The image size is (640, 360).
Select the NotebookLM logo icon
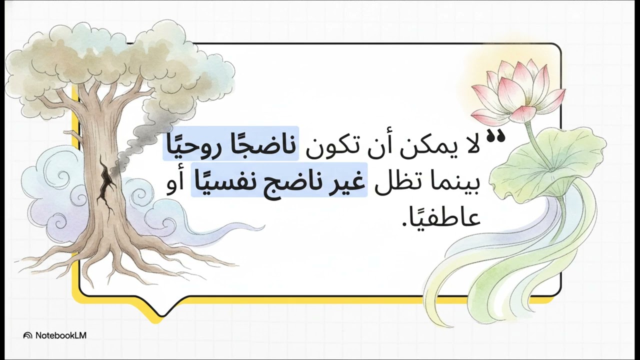click(28, 335)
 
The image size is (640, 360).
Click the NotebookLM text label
click(60, 335)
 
